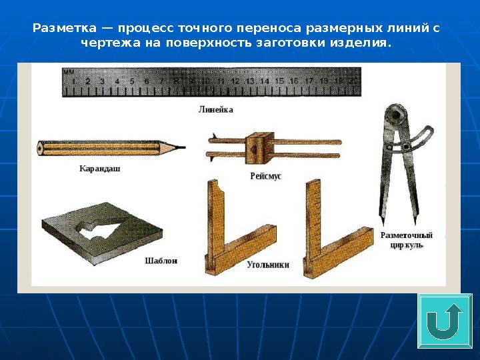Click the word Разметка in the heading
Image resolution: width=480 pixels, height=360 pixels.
pos(58,29)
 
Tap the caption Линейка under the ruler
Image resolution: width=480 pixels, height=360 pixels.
pos(215,108)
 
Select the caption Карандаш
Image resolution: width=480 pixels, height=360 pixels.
pos(100,169)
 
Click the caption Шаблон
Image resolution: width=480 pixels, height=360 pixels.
pos(161,261)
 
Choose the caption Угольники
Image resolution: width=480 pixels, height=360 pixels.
pos(268,264)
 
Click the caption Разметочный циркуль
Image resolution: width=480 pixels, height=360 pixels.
pos(407,240)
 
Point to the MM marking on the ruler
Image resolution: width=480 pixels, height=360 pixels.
pos(69,71)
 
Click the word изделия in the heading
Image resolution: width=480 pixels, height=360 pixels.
pos(364,43)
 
